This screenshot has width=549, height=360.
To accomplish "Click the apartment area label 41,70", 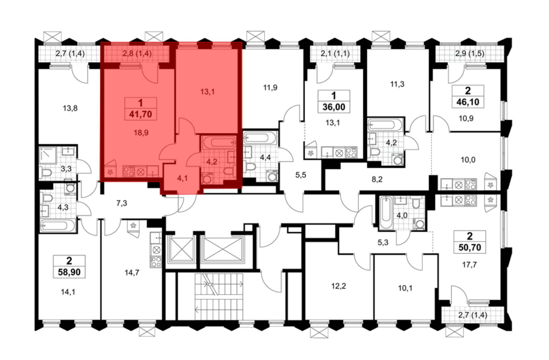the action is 141,114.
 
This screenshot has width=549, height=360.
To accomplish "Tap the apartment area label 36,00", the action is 334,107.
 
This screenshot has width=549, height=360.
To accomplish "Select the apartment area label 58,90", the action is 69,272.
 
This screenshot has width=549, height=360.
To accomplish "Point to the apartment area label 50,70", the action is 470,247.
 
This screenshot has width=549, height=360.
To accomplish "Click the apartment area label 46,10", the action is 468,102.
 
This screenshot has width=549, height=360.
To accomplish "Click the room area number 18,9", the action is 141,133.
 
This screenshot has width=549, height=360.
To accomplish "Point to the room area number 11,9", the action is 270,88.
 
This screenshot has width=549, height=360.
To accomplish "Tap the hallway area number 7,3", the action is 122,203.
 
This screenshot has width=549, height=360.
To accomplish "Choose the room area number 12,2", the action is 338,286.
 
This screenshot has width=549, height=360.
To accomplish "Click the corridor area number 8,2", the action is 377,179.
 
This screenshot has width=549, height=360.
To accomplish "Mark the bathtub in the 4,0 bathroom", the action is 386,212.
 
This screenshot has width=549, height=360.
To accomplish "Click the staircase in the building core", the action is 219,297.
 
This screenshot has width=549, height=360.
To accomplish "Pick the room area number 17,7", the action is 469,265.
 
